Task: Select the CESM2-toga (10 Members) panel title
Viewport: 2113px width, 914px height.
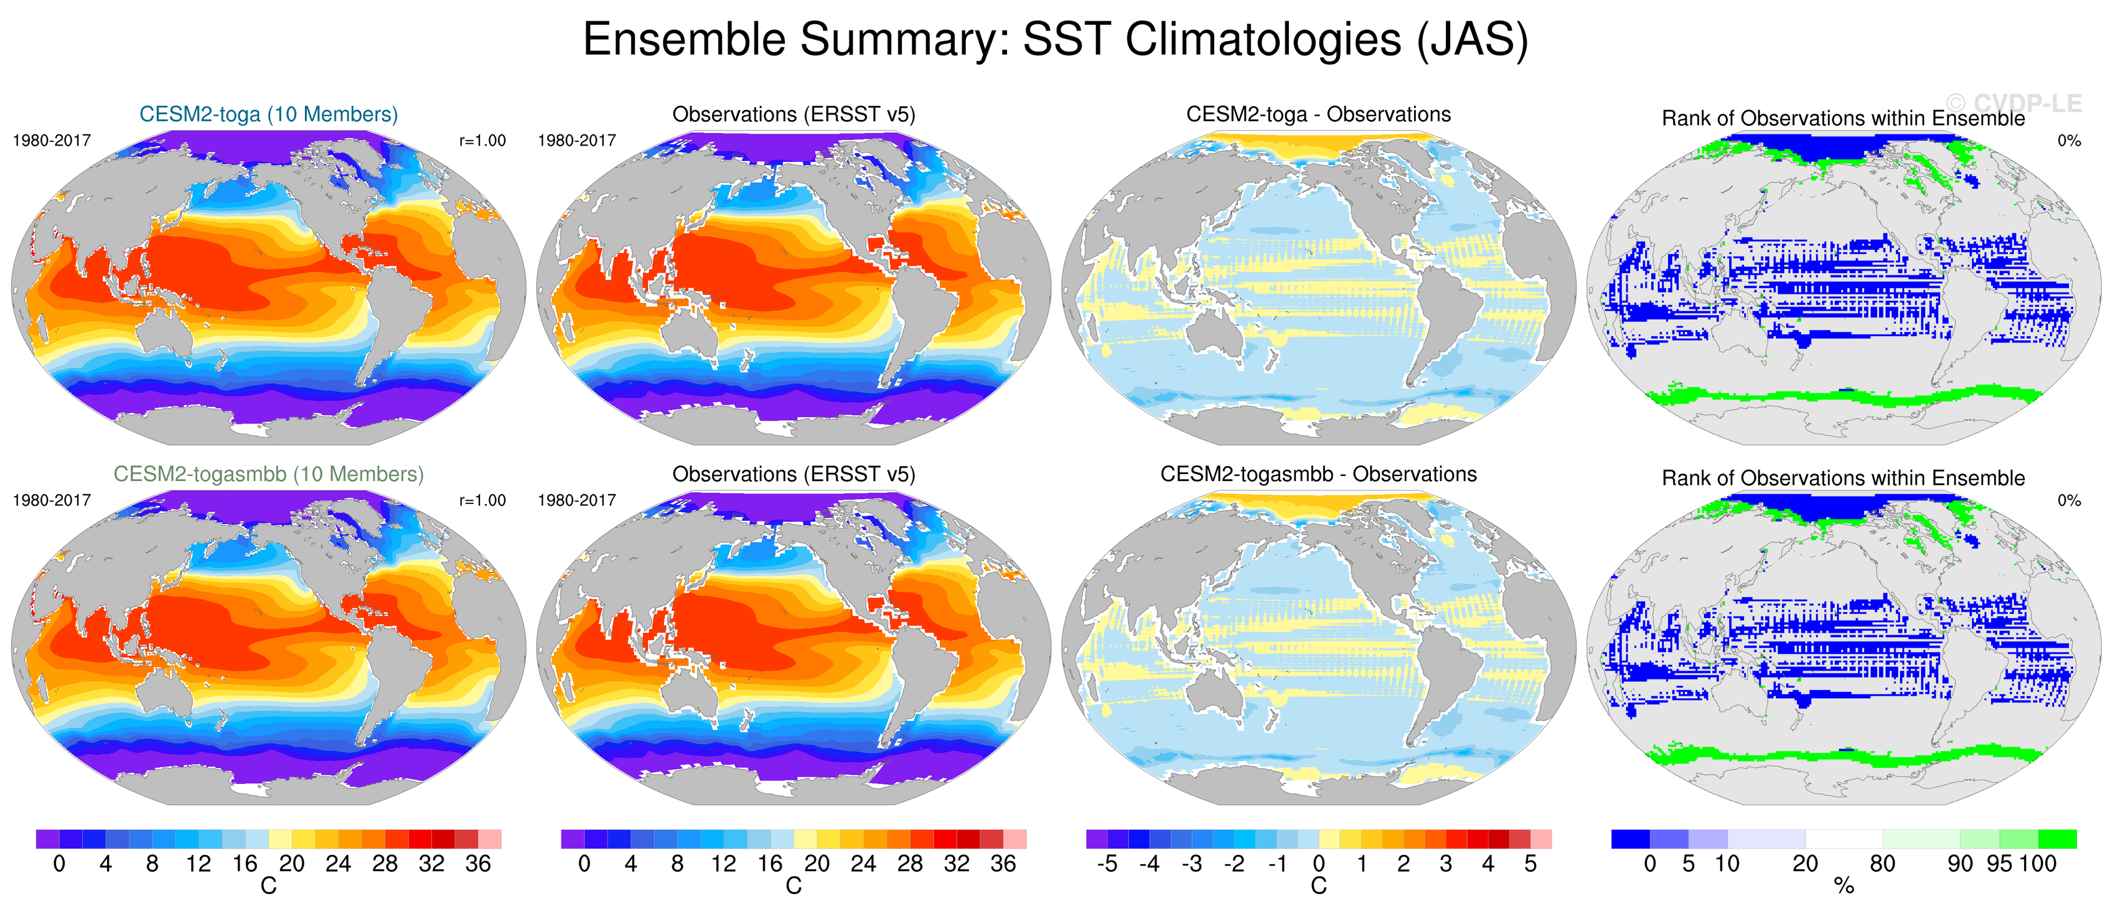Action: coord(268,114)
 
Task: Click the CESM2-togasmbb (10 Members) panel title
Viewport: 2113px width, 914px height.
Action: coord(268,474)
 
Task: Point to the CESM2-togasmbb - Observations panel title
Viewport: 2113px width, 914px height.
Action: coord(1318,474)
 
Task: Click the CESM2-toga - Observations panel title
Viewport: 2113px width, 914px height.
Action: coord(1318,114)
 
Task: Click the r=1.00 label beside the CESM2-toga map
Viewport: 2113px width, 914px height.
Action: coord(482,140)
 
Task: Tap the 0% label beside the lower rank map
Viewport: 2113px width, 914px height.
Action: coord(2069,500)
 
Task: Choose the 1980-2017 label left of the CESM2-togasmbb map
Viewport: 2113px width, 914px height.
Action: coord(52,500)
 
